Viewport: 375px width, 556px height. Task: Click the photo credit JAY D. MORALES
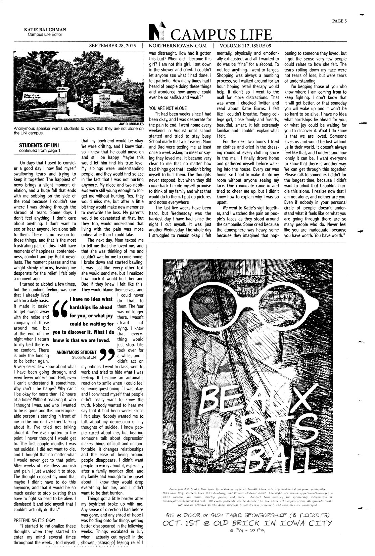[x=132, y=124]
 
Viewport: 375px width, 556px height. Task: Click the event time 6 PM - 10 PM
[x=247, y=530]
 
